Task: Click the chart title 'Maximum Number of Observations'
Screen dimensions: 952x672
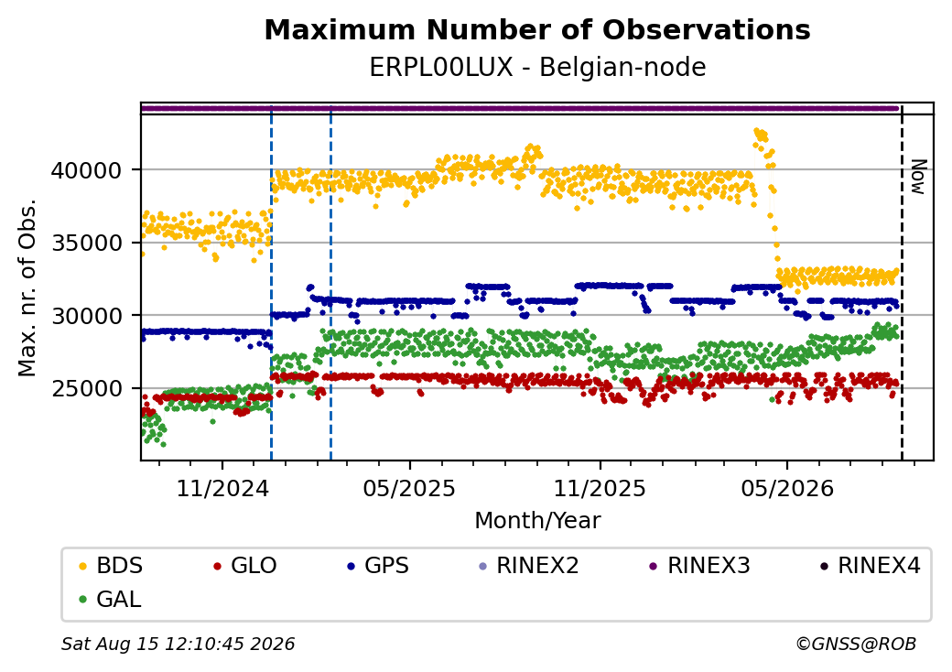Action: coord(537,29)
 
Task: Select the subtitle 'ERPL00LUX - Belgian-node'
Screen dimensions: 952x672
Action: coord(537,67)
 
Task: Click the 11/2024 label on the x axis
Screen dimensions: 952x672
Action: coord(222,489)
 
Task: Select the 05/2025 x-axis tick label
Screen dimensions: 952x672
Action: coord(410,489)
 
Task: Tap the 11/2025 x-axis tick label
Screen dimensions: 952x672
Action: coord(600,489)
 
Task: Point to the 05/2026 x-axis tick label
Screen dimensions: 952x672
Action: coord(787,489)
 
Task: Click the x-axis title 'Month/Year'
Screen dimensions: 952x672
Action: coord(537,521)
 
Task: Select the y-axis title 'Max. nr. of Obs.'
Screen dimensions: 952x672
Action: coord(27,287)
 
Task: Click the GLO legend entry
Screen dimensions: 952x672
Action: coord(245,566)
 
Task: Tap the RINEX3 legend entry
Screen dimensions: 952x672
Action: coord(699,566)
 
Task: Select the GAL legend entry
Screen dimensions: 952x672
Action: coord(111,599)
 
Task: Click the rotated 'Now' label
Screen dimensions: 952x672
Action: coord(919,177)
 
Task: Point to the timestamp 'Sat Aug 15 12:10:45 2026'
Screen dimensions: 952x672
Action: coord(178,644)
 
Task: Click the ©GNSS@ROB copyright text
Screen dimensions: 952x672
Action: coord(856,644)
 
